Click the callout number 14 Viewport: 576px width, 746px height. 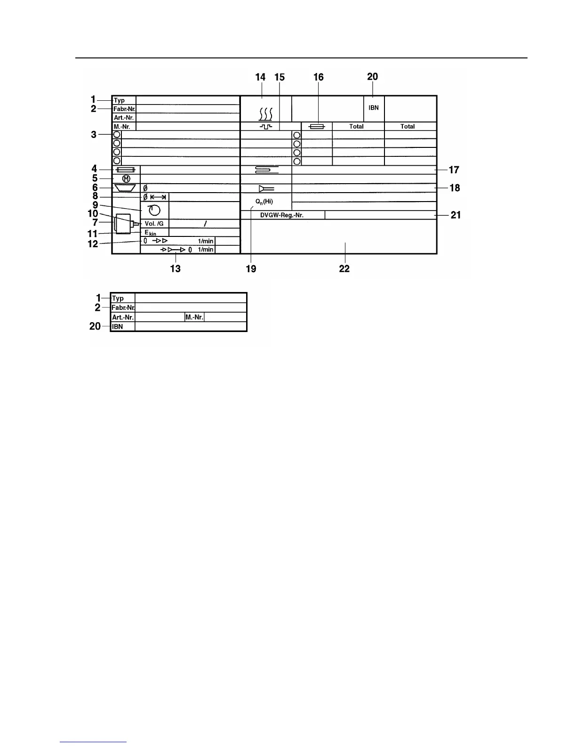click(260, 77)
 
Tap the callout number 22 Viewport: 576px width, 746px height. click(344, 268)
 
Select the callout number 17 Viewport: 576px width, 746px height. click(454, 170)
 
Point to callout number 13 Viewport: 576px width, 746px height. click(175, 268)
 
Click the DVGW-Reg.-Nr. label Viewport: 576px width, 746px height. click(282, 215)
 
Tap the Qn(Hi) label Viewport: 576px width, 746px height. click(264, 202)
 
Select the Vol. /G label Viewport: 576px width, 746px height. click(154, 224)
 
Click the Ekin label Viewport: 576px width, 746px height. click(150, 233)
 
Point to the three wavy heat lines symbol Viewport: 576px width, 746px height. click(266, 114)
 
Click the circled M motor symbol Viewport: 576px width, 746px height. click(126, 179)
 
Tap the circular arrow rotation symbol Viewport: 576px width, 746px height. click(154, 210)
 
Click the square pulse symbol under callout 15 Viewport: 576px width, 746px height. click(266, 127)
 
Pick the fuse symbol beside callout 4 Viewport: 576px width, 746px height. click(126, 170)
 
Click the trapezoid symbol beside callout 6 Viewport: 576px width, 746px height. click(125, 188)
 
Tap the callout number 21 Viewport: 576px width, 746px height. click(456, 215)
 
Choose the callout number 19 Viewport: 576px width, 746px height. click(251, 268)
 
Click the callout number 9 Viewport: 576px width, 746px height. click(95, 205)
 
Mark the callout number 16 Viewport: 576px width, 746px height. click(319, 77)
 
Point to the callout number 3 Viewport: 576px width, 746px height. click(94, 135)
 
